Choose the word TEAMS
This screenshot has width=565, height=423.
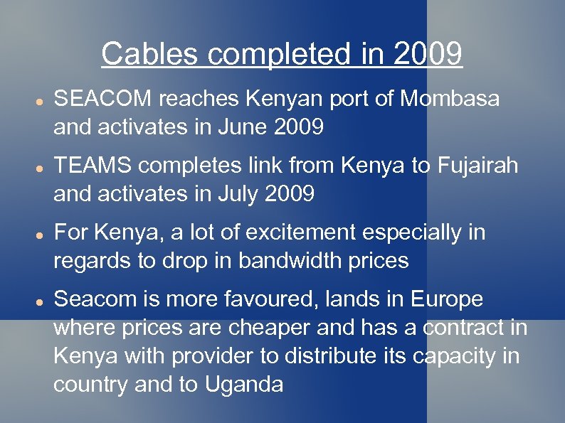point(93,166)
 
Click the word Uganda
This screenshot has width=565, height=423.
point(243,385)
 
